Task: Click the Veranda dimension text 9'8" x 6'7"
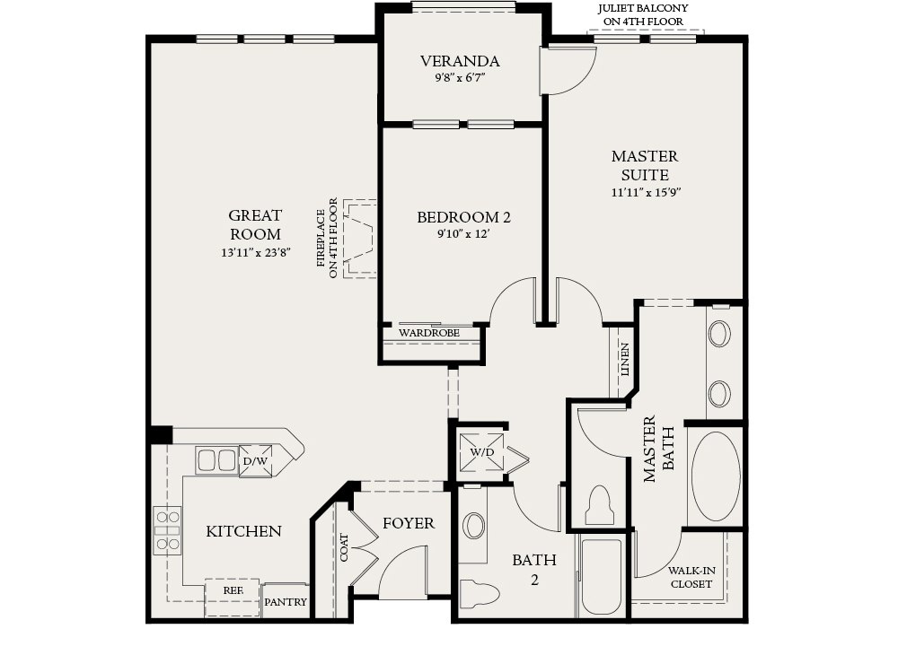pyautogui.click(x=459, y=78)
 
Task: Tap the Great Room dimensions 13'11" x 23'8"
pyautogui.click(x=256, y=252)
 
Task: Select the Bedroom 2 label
pyautogui.click(x=463, y=217)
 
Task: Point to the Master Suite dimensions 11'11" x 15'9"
pyautogui.click(x=646, y=192)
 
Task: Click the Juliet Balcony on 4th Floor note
pyautogui.click(x=643, y=15)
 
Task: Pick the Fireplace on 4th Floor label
pyautogui.click(x=327, y=238)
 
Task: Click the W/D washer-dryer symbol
pyautogui.click(x=481, y=452)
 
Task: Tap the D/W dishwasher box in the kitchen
pyautogui.click(x=255, y=460)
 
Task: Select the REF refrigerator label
pyautogui.click(x=233, y=590)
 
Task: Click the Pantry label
pyautogui.click(x=286, y=602)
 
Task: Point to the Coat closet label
pyautogui.click(x=344, y=547)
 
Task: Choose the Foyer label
pyautogui.click(x=409, y=523)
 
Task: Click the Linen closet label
pyautogui.click(x=624, y=359)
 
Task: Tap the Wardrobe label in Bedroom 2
pyautogui.click(x=429, y=333)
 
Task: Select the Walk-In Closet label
pyautogui.click(x=691, y=578)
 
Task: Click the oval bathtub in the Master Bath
pyautogui.click(x=716, y=476)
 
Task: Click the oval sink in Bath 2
pyautogui.click(x=473, y=525)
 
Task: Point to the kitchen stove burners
pyautogui.click(x=167, y=530)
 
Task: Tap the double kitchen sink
pyautogui.click(x=217, y=460)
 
